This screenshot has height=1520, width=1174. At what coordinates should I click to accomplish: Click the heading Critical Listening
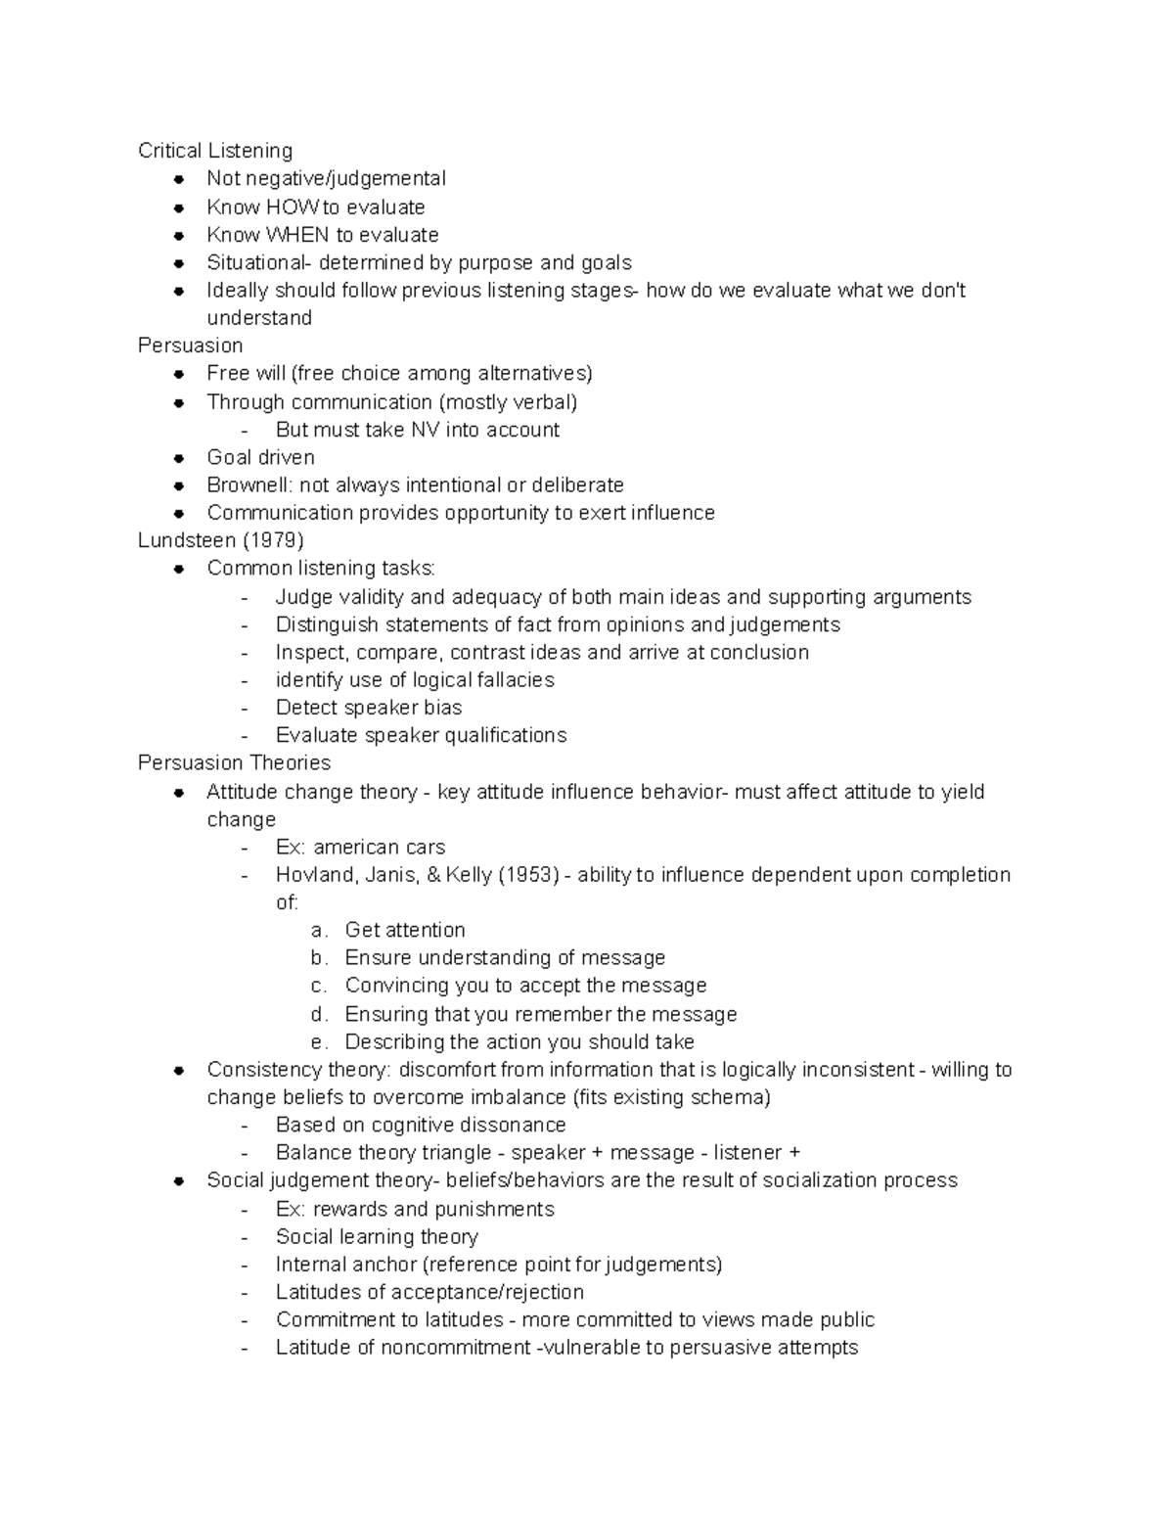(x=215, y=151)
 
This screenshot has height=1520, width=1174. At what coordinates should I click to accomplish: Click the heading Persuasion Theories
(x=234, y=762)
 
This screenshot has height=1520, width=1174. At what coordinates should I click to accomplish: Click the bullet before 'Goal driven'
(x=179, y=458)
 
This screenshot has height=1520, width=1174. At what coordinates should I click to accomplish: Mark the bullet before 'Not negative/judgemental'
(x=179, y=179)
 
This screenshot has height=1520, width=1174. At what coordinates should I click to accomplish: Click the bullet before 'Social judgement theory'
(x=179, y=1181)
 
